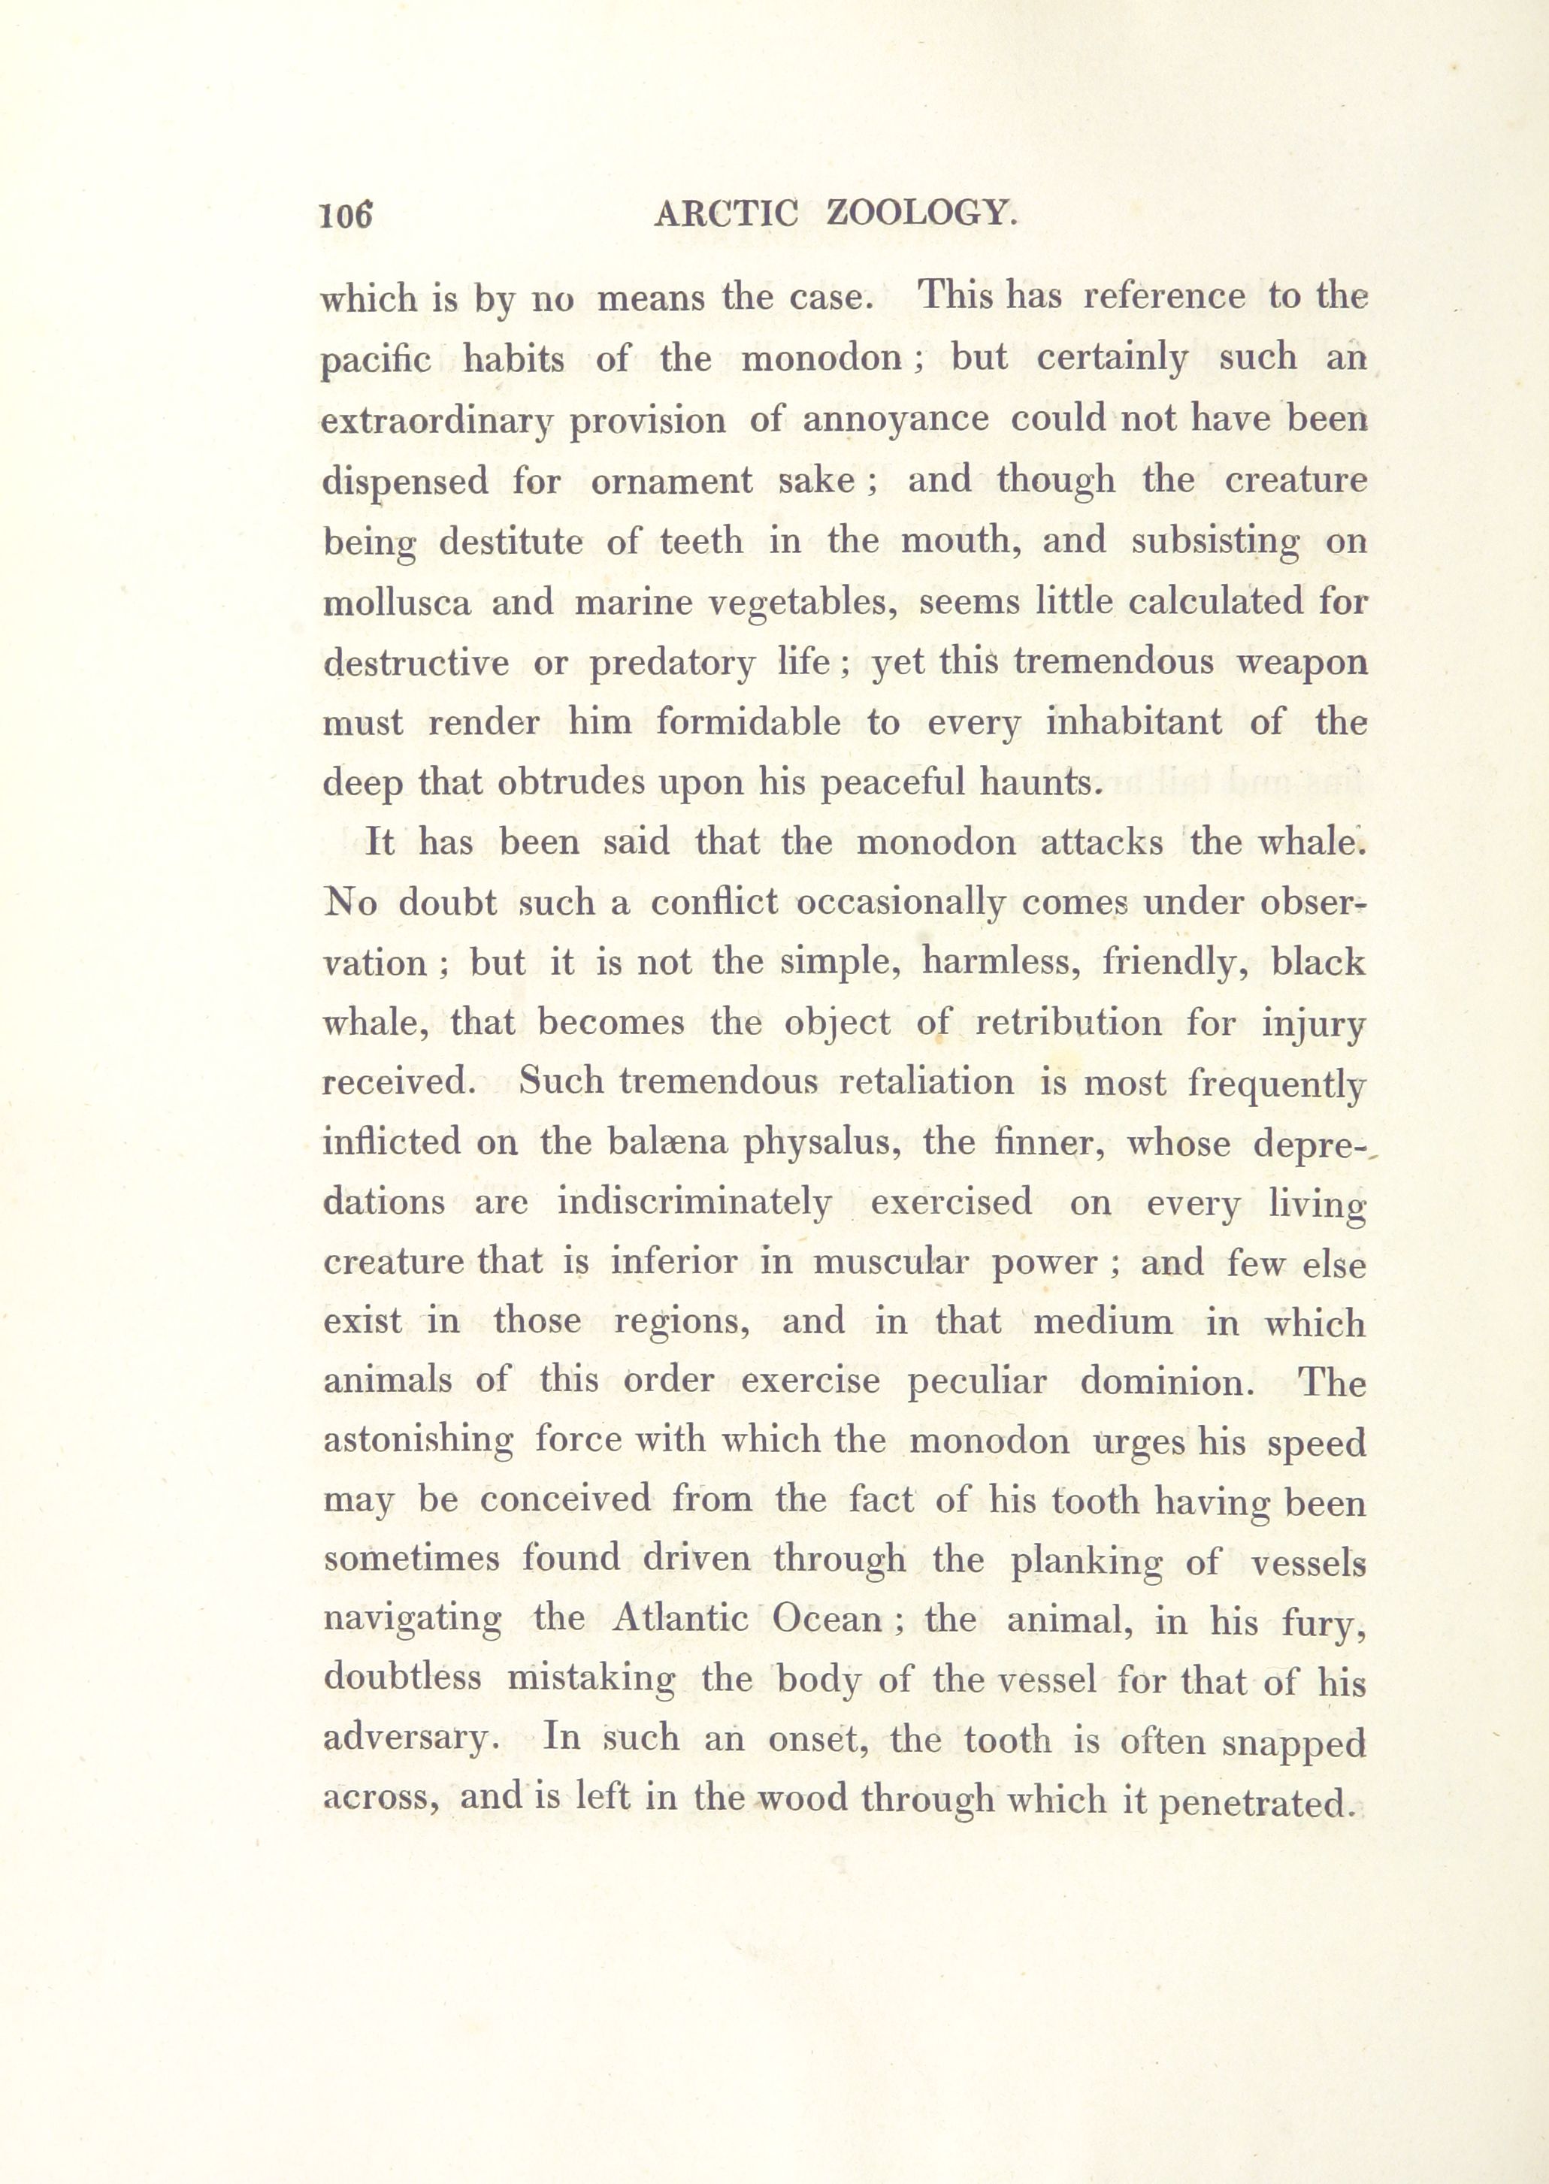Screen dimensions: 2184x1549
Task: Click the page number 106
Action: tap(345, 216)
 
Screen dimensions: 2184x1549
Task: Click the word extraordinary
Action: tap(437, 422)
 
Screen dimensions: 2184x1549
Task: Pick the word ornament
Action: tap(671, 481)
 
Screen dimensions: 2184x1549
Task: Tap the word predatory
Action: tap(673, 664)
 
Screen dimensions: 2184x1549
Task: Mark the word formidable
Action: tap(748, 723)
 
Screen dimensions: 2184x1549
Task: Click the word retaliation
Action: tap(926, 1082)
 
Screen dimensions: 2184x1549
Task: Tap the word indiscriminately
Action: tap(694, 1202)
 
